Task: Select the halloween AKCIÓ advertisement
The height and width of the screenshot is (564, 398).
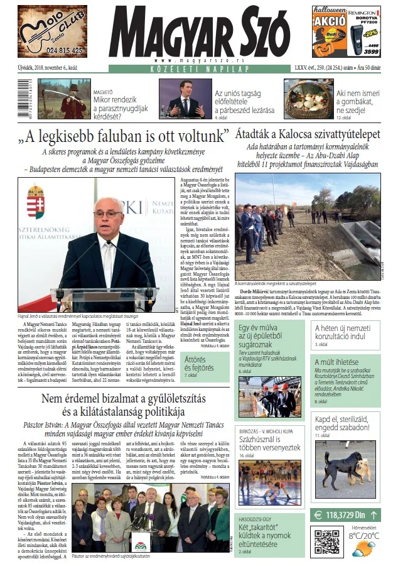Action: pos(346,31)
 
